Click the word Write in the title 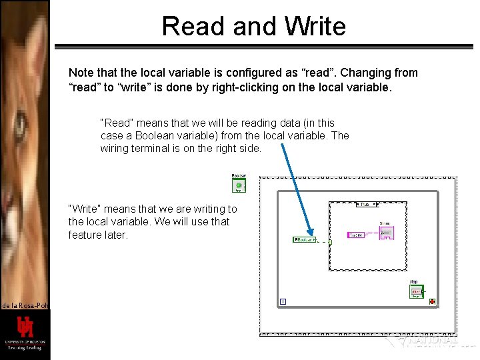pos(315,27)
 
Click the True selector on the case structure pos(365,205)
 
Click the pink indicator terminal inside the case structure pos(386,233)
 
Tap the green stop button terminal pos(416,291)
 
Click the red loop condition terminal pos(433,302)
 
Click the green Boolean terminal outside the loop pos(238,183)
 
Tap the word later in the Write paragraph pos(114,235)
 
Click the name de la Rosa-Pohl pos(24,305)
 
